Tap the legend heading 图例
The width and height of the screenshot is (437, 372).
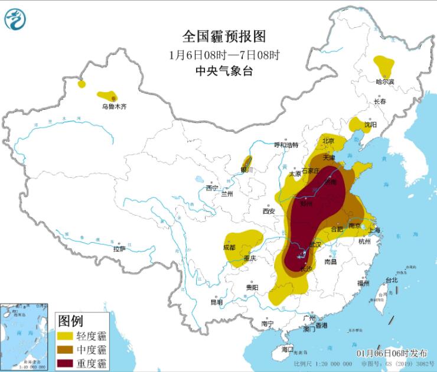pyautogui.click(x=71, y=322)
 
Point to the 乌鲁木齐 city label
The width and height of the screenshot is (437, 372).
pyautogui.click(x=113, y=107)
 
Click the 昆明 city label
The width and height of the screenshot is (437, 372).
pyautogui.click(x=217, y=302)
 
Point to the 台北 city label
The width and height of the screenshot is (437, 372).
pyautogui.click(x=392, y=280)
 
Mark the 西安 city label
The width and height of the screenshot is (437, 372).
pyautogui.click(x=269, y=211)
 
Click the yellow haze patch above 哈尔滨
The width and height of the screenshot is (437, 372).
pyautogui.click(x=384, y=63)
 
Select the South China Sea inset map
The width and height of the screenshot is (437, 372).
pyautogui.click(x=25, y=337)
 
